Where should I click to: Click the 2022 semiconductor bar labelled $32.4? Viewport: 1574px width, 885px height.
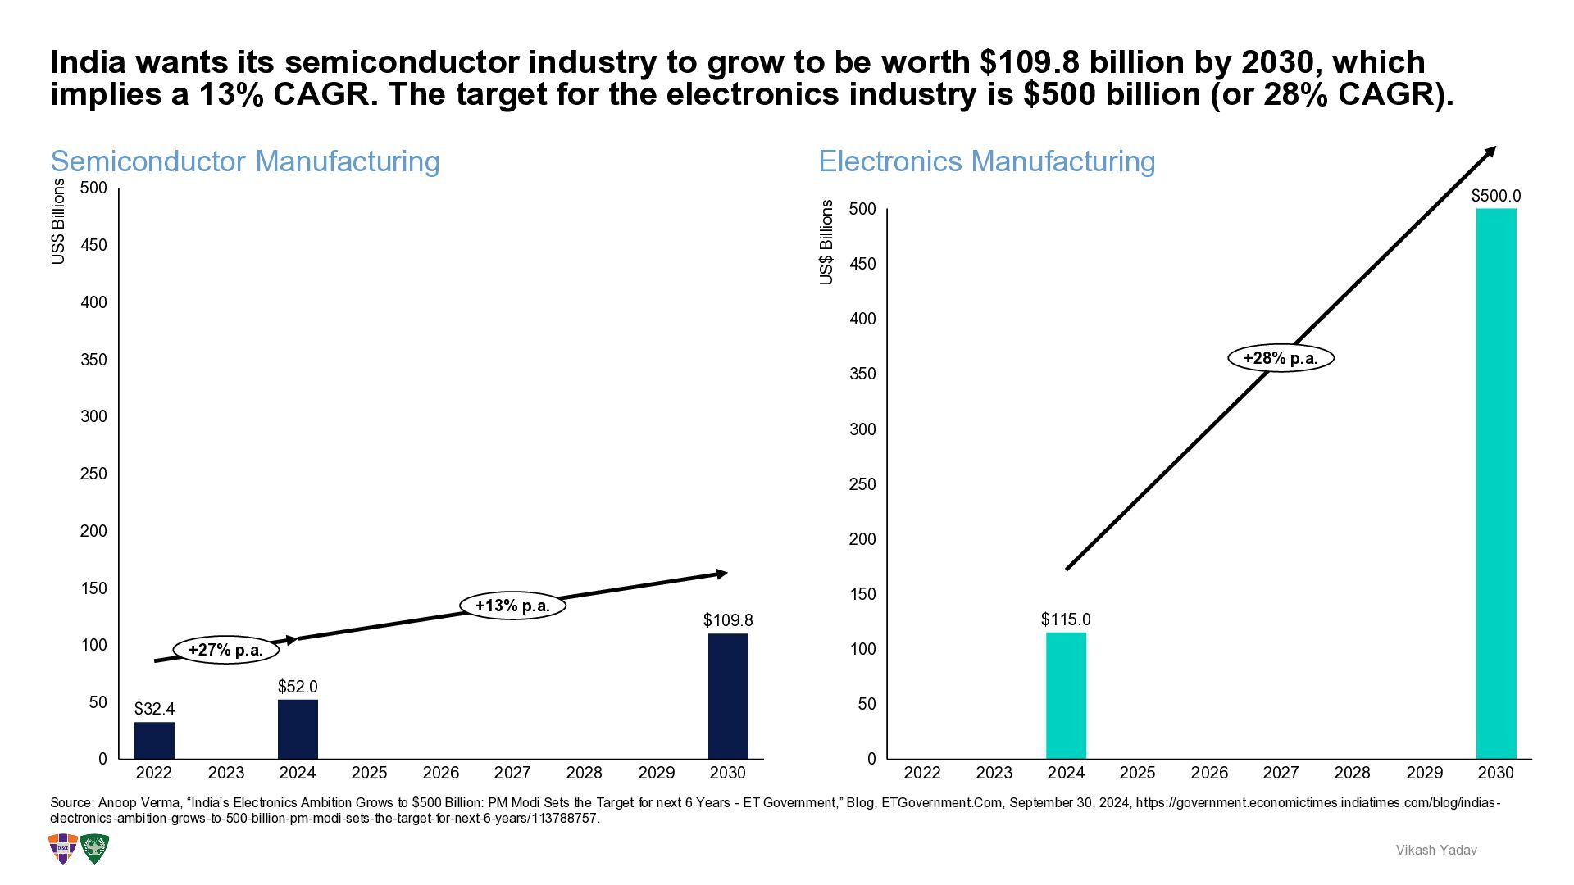[154, 740]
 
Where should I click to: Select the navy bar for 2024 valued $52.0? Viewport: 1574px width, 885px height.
[298, 728]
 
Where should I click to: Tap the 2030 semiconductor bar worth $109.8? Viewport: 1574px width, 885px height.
[728, 696]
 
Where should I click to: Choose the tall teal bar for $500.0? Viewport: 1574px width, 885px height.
[1496, 483]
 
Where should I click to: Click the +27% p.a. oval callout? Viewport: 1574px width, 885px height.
[226, 650]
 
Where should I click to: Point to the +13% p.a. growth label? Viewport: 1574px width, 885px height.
[512, 606]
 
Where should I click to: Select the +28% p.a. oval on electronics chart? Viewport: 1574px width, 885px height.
[1281, 358]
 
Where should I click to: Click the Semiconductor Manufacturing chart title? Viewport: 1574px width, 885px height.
[245, 161]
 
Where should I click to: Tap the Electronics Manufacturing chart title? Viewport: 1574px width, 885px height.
[987, 161]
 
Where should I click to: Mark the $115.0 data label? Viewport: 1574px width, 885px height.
[1066, 619]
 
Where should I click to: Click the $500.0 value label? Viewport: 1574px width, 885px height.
[1496, 196]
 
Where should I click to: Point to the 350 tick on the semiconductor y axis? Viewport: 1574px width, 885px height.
[93, 360]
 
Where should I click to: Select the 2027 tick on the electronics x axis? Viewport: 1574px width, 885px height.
[1281, 773]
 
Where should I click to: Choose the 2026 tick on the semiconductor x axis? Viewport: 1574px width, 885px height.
[441, 773]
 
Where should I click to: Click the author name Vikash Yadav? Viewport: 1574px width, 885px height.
[1436, 851]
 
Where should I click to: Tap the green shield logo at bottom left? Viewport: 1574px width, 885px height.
[94, 849]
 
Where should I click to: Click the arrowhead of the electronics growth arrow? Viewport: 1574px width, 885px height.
[1490, 152]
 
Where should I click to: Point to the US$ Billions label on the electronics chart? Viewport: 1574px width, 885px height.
[826, 243]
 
